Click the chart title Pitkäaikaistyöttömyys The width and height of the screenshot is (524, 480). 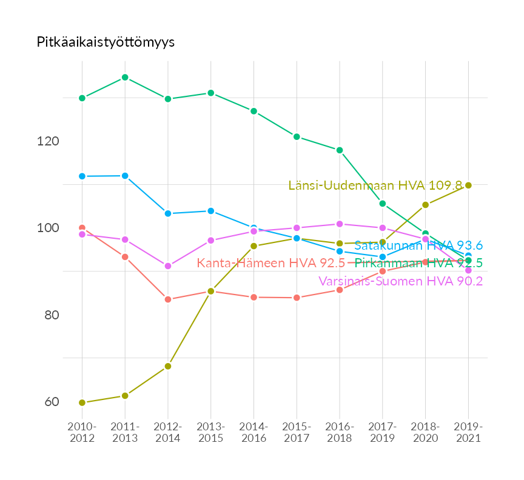[x=106, y=42]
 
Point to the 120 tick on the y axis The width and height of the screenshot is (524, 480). [x=49, y=141]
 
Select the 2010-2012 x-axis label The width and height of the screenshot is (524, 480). [x=82, y=433]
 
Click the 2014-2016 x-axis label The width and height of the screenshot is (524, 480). [x=254, y=433]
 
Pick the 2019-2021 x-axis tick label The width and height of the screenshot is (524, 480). [x=468, y=433]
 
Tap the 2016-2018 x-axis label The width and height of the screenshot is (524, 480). [x=340, y=433]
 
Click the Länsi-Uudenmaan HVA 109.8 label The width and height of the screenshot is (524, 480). [x=375, y=185]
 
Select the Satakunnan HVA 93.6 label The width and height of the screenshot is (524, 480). [x=418, y=245]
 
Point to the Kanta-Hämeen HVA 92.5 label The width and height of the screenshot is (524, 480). [x=270, y=263]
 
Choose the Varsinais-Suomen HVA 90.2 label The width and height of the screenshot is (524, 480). [x=400, y=281]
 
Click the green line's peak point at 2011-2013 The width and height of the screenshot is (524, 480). [x=125, y=78]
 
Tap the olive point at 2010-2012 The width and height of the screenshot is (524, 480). [x=82, y=402]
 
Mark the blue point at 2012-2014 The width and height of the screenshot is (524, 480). [x=168, y=213]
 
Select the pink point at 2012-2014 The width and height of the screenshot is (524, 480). [x=168, y=266]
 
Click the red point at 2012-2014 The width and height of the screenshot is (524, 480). [x=168, y=299]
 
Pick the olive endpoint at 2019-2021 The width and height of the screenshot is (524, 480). [x=468, y=185]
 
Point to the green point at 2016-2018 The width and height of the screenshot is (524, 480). [x=340, y=150]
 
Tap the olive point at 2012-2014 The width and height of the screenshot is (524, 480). [x=168, y=366]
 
